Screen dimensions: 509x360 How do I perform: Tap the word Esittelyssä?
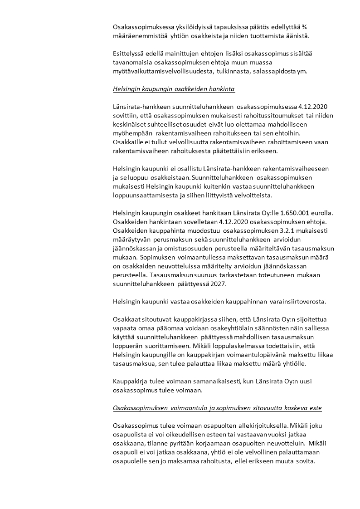click(128, 54)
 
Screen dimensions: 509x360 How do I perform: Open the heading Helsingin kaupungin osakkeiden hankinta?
click(174, 89)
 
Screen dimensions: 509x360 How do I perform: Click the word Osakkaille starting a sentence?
click(127, 143)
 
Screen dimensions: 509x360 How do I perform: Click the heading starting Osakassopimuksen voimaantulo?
click(217, 408)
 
